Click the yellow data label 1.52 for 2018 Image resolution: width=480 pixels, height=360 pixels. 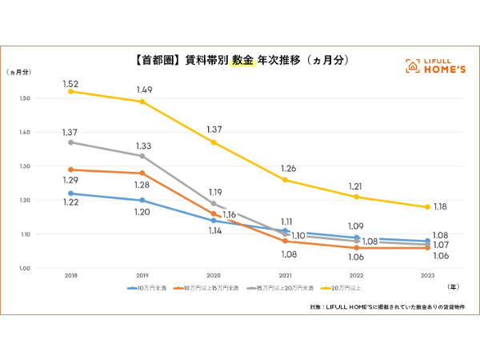(x=71, y=83)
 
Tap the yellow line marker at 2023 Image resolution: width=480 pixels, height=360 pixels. (x=427, y=207)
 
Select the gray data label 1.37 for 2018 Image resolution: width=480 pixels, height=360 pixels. (x=71, y=132)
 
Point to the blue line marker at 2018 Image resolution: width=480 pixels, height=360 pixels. (x=71, y=193)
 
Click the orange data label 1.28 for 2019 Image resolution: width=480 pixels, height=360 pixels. (x=142, y=186)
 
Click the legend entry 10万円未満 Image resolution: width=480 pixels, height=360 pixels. (x=146, y=287)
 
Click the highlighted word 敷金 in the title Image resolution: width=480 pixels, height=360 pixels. (x=242, y=61)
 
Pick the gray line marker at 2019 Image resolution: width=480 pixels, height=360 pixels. (x=142, y=156)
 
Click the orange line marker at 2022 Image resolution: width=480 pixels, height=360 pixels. (x=356, y=248)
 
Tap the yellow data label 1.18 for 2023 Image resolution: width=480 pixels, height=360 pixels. (x=441, y=207)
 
